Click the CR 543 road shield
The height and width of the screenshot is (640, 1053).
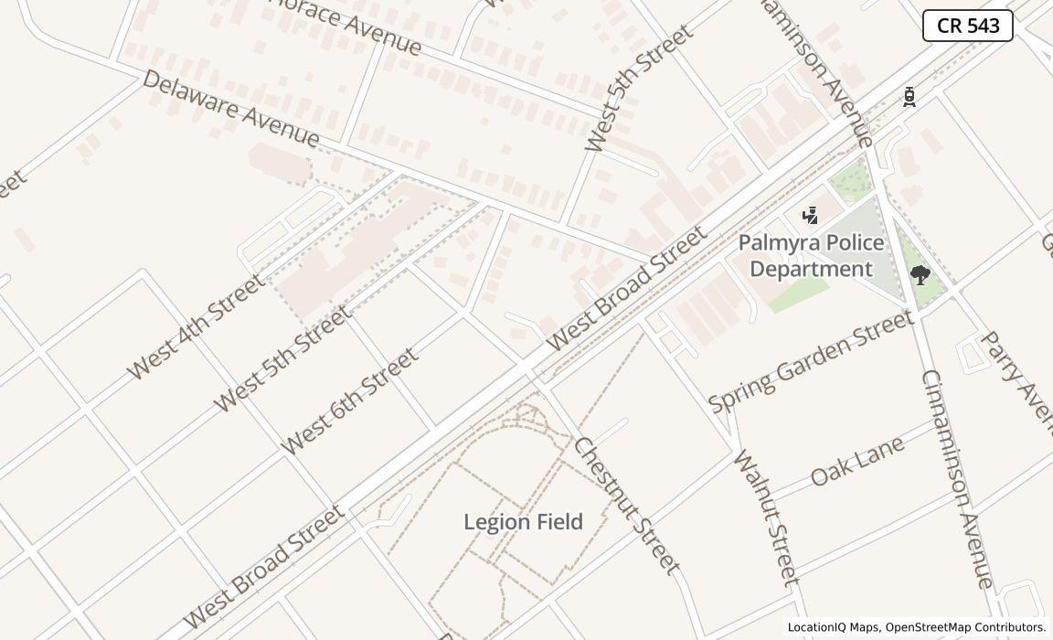[x=967, y=26]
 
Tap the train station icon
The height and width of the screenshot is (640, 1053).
[x=909, y=97]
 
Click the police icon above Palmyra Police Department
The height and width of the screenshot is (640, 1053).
[x=809, y=216]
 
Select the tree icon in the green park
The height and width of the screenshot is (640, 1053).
[x=920, y=274]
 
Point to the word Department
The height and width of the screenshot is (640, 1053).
[x=811, y=269]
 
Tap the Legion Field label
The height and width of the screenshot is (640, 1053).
[x=523, y=522]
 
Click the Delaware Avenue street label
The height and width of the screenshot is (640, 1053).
[x=231, y=109]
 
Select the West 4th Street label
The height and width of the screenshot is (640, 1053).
[x=196, y=326]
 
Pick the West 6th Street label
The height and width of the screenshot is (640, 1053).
[x=349, y=400]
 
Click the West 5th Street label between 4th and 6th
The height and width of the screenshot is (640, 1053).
[x=282, y=358]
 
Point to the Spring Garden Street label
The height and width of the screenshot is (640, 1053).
[x=811, y=360]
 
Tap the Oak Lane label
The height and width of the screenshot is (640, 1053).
[x=857, y=461]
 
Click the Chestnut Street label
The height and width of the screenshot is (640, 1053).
[x=627, y=505]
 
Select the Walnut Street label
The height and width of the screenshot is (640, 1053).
[x=766, y=517]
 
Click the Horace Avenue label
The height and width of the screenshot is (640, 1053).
[x=345, y=26]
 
